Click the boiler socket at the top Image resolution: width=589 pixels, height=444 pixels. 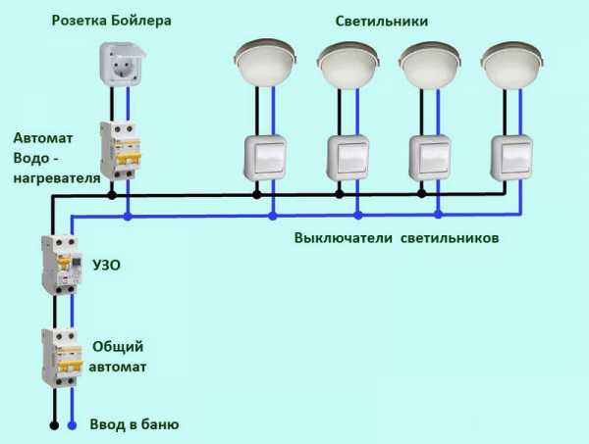[x=122, y=64]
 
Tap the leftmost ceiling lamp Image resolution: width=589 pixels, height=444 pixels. [x=266, y=63]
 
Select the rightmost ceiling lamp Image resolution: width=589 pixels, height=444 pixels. [x=512, y=64]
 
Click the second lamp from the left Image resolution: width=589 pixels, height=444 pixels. [x=348, y=64]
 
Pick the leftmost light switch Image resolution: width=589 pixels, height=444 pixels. [x=266, y=158]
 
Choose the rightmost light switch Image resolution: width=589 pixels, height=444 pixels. [x=512, y=158]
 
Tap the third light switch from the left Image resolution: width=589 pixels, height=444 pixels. [x=430, y=158]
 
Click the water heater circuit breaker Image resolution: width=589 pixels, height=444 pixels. [x=121, y=151]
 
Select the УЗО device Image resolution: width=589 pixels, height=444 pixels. [x=62, y=265]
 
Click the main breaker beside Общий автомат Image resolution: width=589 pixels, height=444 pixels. [x=62, y=358]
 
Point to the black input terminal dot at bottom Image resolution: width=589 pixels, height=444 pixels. [x=54, y=425]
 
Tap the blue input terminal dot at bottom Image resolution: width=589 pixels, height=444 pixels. [x=72, y=425]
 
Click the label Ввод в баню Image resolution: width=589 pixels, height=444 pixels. [x=134, y=424]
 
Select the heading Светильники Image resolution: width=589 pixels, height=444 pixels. [x=381, y=21]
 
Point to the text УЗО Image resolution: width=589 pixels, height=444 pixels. [x=107, y=265]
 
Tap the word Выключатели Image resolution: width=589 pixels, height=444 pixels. [x=344, y=238]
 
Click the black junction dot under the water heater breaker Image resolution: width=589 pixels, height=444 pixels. [x=112, y=195]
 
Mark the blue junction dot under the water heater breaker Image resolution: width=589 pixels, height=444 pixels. [x=128, y=217]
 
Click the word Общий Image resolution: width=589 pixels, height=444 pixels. [x=118, y=347]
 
